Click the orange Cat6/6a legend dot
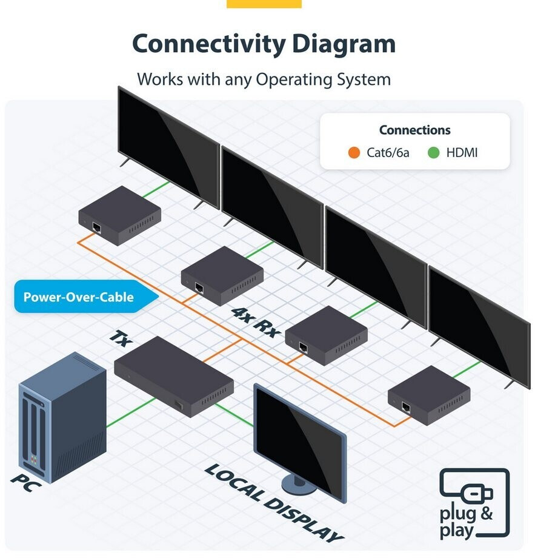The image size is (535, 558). (354, 153)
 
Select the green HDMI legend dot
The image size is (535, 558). (433, 153)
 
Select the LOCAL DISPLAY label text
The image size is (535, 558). (274, 503)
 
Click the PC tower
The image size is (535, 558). (62, 417)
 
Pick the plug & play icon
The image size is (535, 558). (474, 503)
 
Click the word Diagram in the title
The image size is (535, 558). (344, 44)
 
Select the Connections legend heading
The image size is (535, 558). (414, 130)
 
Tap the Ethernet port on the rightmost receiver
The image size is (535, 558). (406, 406)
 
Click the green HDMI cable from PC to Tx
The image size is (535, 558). (131, 412)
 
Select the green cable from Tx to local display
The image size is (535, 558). (234, 415)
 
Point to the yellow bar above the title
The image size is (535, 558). (264, 4)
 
